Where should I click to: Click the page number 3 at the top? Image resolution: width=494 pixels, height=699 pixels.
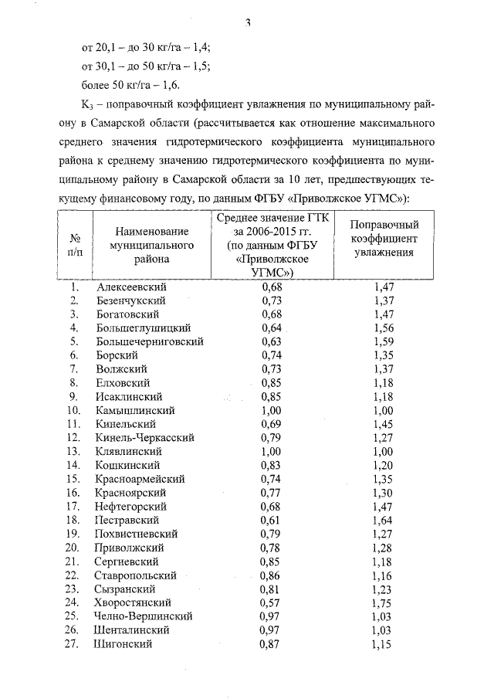pos(249,22)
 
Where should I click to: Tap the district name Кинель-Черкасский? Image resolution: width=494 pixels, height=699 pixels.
pos(145,438)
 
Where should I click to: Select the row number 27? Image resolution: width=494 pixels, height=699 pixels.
pos(74,643)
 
